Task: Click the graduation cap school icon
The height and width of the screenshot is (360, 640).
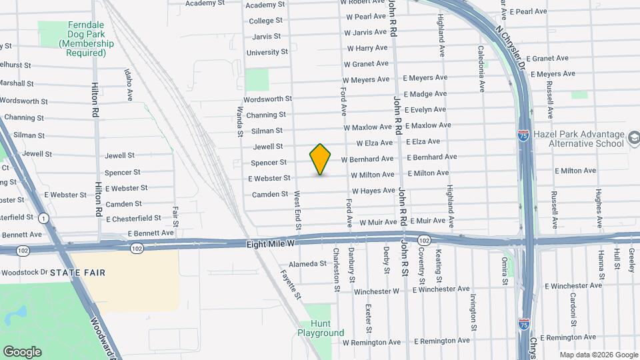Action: click(x=633, y=139)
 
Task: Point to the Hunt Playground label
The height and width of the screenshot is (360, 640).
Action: click(x=321, y=328)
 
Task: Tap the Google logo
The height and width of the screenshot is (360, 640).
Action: click(x=22, y=352)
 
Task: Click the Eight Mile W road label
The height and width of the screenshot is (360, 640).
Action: click(x=270, y=245)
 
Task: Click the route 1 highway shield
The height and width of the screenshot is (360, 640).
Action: click(x=44, y=218)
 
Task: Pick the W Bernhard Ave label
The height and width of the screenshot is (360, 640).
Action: click(x=367, y=159)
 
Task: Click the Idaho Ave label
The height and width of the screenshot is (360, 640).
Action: click(x=128, y=84)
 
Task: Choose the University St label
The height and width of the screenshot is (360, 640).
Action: click(x=267, y=52)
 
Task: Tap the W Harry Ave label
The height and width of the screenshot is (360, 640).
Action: click(x=367, y=48)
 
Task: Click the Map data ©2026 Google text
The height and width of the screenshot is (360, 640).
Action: click(x=598, y=355)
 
